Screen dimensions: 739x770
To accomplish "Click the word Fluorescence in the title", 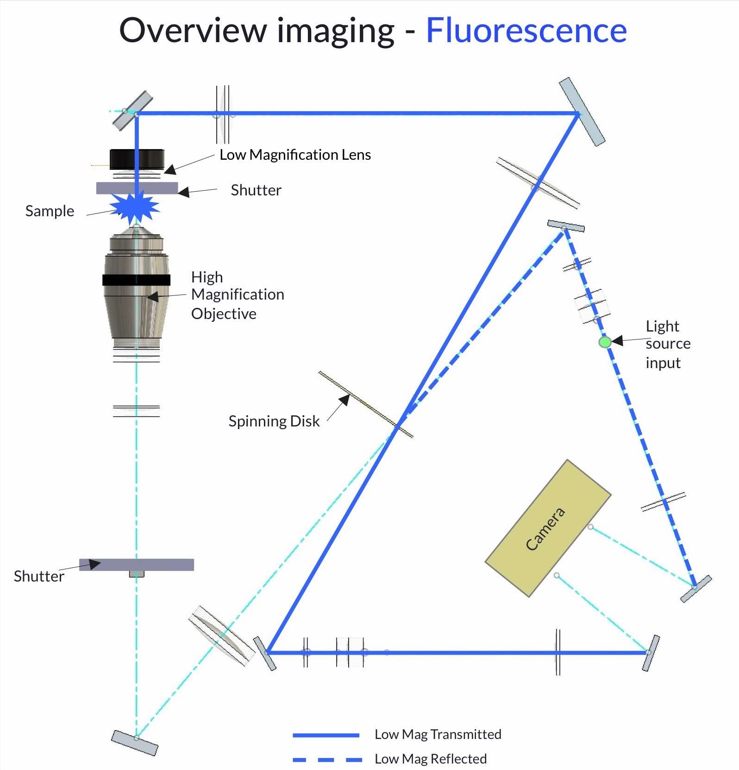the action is (x=526, y=31).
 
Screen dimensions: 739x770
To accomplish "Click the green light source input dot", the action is (x=605, y=342).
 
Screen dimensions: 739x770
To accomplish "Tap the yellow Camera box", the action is (x=548, y=528).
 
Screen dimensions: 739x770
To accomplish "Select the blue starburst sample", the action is (x=136, y=207).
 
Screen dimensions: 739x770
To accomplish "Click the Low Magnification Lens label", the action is (x=295, y=155).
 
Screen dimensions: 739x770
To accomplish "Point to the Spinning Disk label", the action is (x=274, y=421).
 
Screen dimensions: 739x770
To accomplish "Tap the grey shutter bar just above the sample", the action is (x=137, y=188).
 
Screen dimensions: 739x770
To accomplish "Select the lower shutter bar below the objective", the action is (x=137, y=565).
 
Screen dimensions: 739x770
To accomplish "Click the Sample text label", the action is (x=50, y=211).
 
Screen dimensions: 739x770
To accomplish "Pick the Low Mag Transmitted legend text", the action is (x=438, y=734).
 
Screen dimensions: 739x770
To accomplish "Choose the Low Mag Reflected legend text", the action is (x=431, y=759).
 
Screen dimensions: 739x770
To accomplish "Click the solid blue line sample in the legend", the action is (x=326, y=735).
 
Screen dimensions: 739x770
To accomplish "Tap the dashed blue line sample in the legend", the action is (x=327, y=760).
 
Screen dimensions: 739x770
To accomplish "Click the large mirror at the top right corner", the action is (x=582, y=112).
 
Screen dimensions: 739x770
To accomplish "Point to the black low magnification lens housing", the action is (x=137, y=159).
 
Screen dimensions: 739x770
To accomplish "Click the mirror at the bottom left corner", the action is (x=135, y=743).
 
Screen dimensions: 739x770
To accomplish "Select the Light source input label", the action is (x=668, y=344).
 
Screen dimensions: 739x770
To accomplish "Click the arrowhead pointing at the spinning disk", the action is (x=344, y=401).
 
